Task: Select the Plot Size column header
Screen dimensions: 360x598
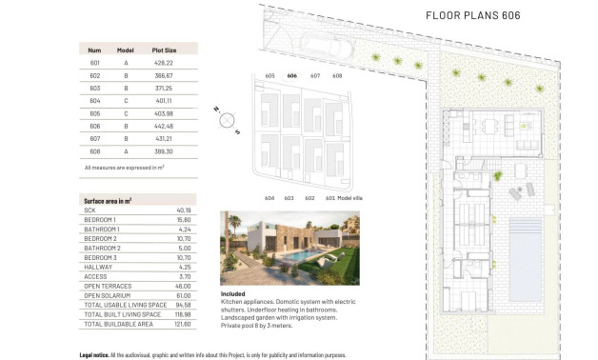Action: (165, 50)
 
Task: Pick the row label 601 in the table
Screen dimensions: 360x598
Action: (94, 64)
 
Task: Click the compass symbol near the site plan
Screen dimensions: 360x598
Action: (227, 118)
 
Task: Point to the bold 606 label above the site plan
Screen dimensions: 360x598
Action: (291, 75)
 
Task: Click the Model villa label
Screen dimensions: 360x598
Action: (345, 197)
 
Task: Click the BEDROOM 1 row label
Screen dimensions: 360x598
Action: (102, 220)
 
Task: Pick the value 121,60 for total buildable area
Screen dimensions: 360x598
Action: (184, 324)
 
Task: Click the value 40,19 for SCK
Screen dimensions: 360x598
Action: (184, 210)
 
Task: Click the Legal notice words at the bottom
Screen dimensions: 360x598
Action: (96, 353)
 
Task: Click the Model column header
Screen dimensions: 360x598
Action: (125, 50)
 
